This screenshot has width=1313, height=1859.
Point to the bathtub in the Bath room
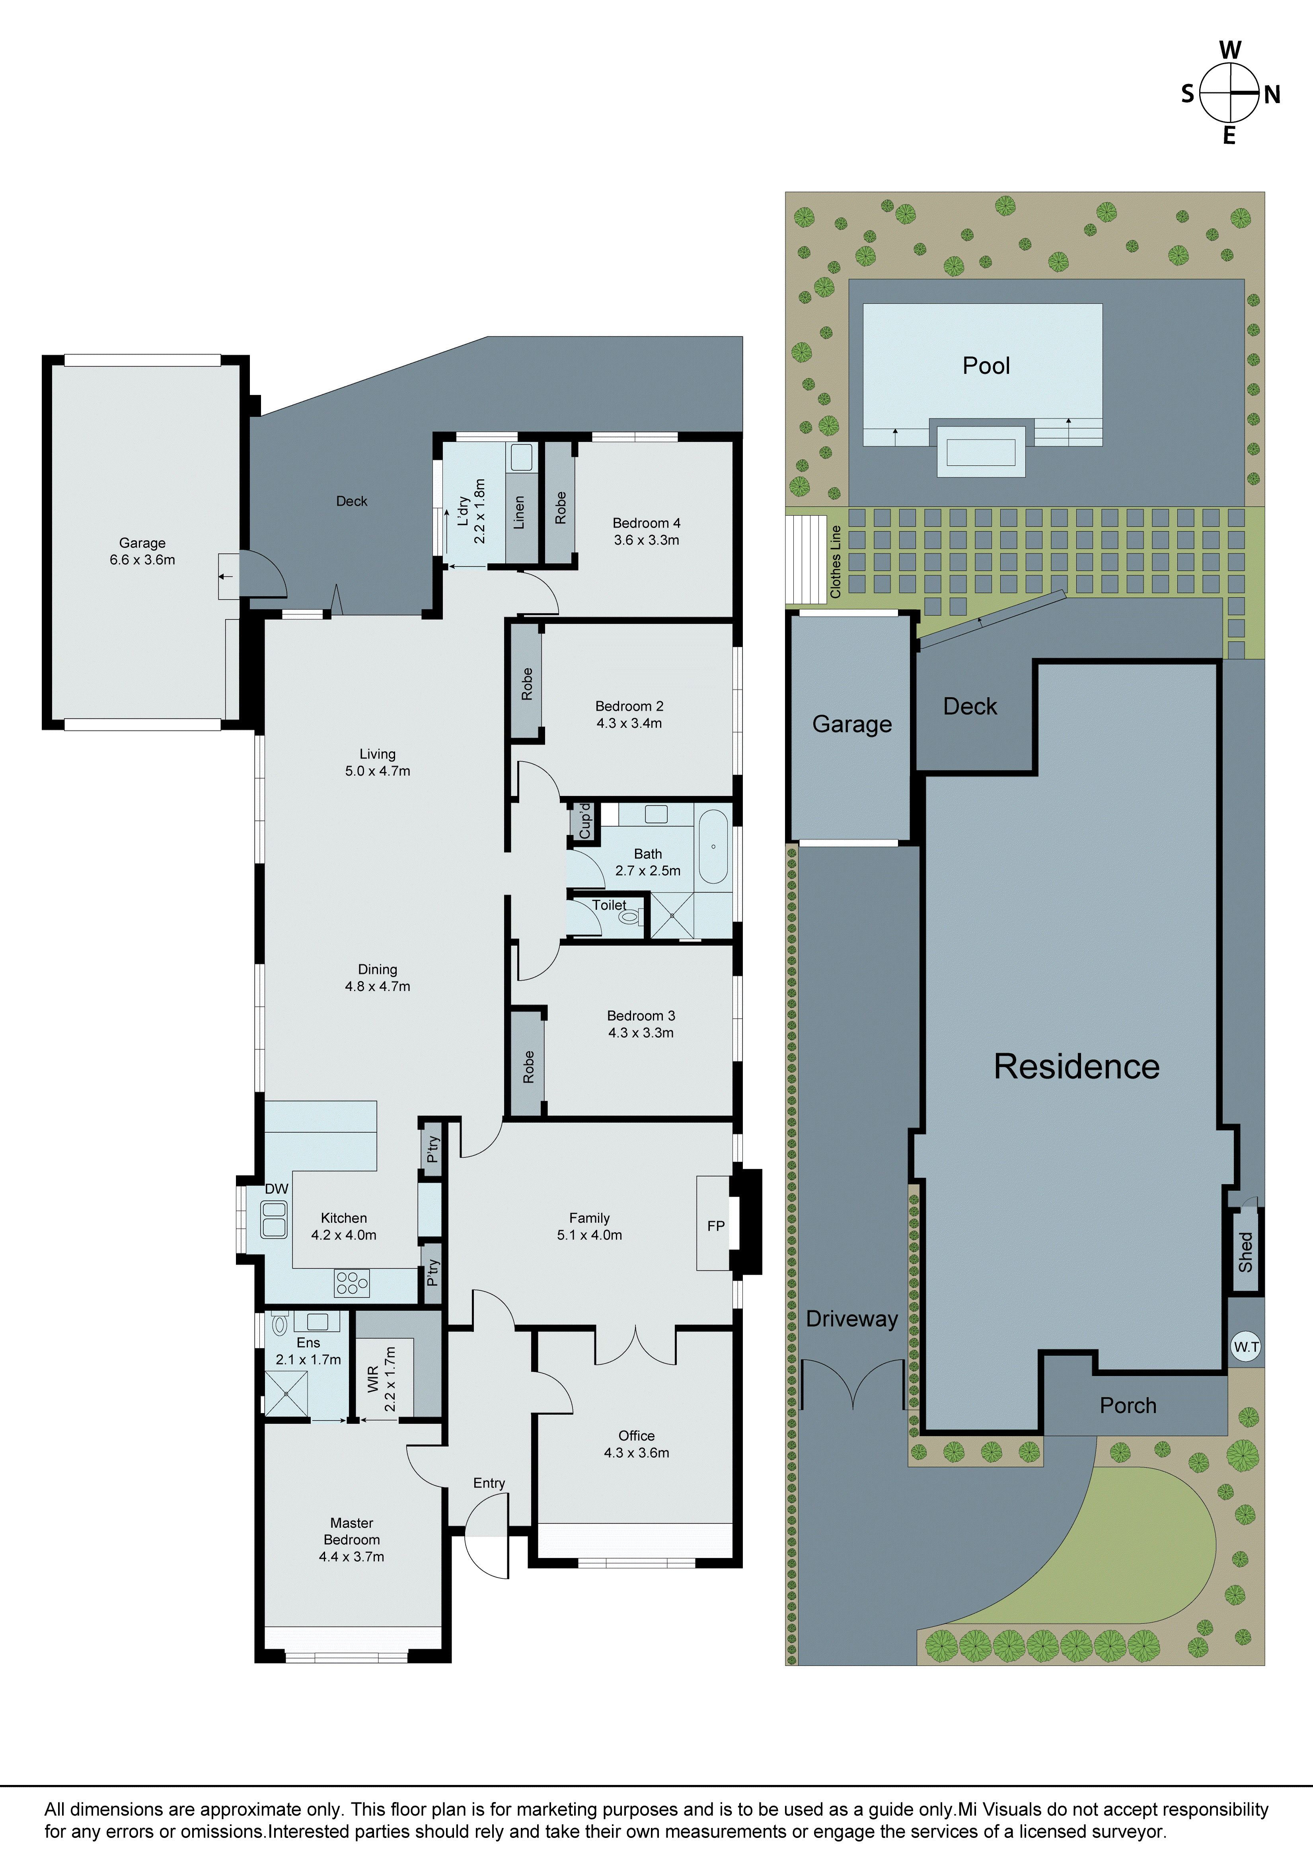[713, 846]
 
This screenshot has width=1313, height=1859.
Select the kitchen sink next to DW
[274, 1219]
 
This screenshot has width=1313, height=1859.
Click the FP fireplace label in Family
[716, 1226]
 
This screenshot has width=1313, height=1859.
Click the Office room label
[636, 1435]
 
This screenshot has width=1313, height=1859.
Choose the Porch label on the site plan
[1128, 1406]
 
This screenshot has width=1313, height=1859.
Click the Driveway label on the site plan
[851, 1319]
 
